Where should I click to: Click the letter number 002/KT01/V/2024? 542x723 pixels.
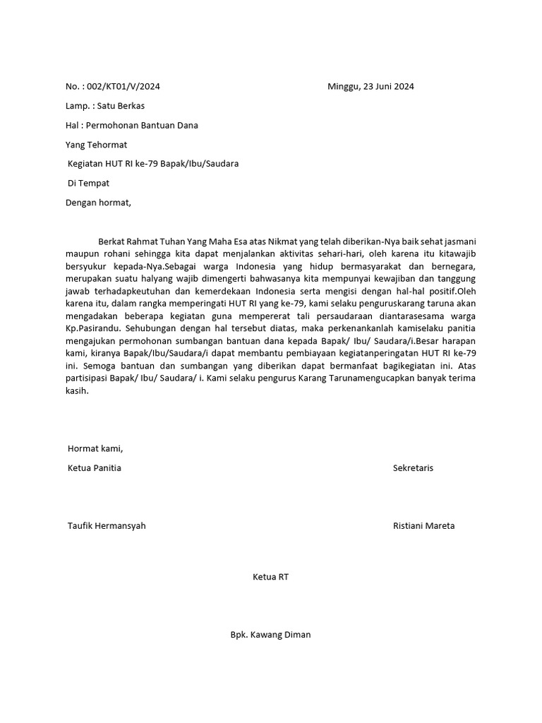click(123, 87)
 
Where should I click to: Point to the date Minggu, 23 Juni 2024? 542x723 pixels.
click(371, 87)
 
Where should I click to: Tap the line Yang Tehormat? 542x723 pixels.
click(96, 145)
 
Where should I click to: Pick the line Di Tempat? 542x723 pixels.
click(88, 183)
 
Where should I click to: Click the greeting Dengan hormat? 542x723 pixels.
click(98, 203)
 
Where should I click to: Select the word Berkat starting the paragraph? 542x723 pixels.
click(113, 241)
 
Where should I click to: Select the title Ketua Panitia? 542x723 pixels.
click(94, 468)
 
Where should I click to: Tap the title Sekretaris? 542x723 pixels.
click(413, 468)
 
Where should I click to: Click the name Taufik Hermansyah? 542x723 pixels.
click(107, 526)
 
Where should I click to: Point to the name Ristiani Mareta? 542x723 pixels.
click(423, 526)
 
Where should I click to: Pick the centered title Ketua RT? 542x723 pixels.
click(270, 577)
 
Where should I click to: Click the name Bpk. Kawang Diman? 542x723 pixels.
click(270, 635)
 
